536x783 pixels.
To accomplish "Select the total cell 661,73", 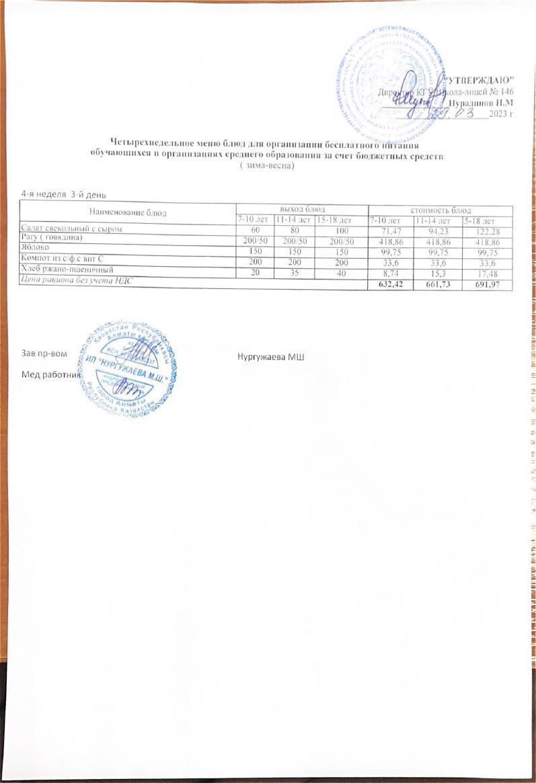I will pyautogui.click(x=437, y=286).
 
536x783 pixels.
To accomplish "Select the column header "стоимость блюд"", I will pyautogui.click(x=440, y=210).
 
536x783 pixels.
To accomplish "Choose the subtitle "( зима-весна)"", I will pyautogui.click(x=268, y=166).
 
